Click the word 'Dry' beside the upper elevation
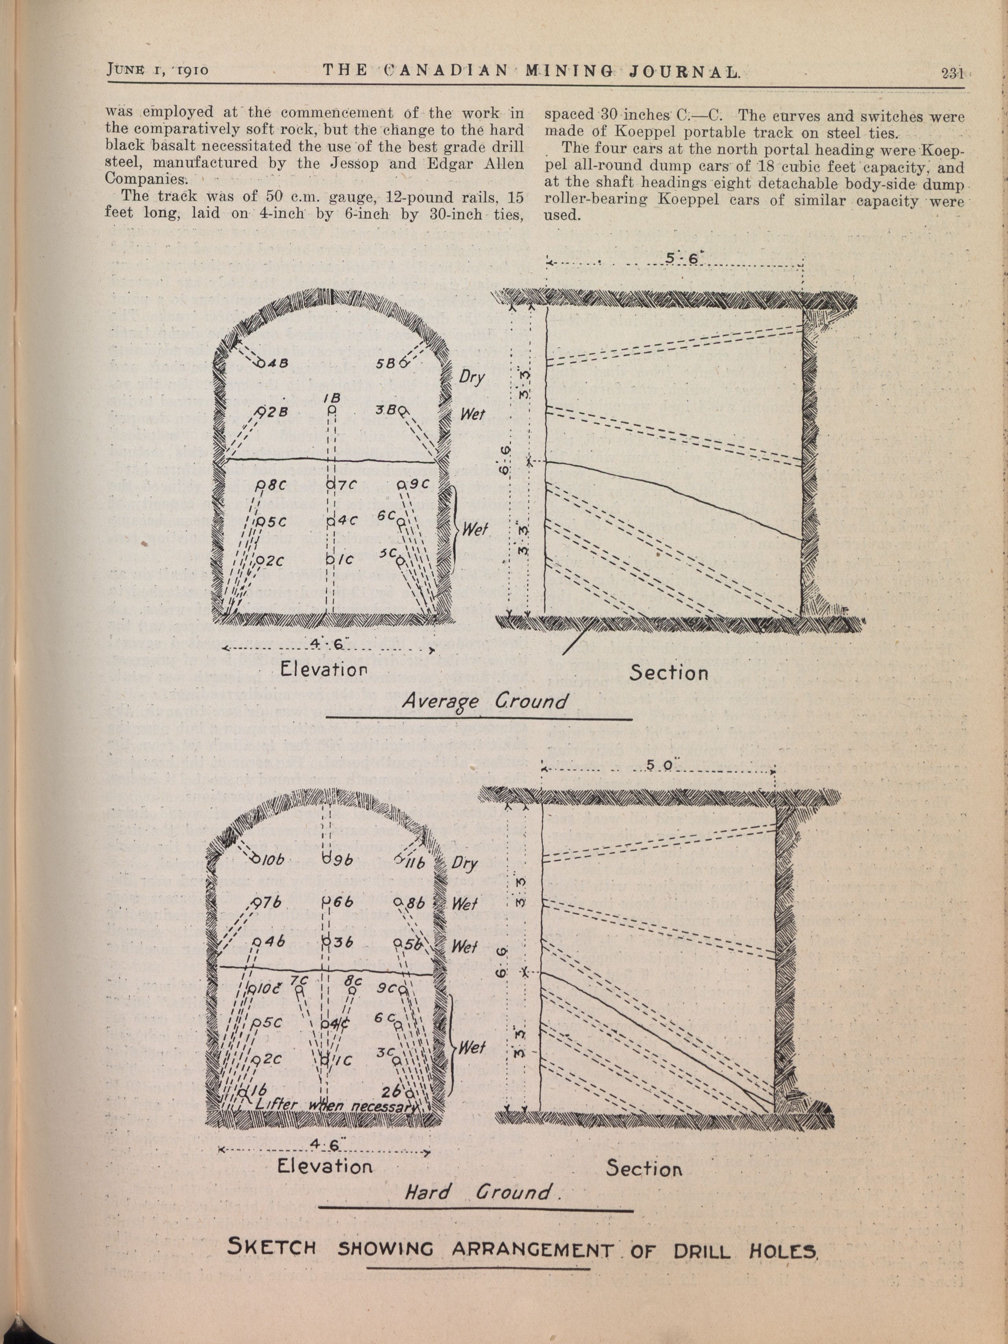[x=472, y=377]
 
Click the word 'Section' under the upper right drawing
[x=668, y=673]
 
